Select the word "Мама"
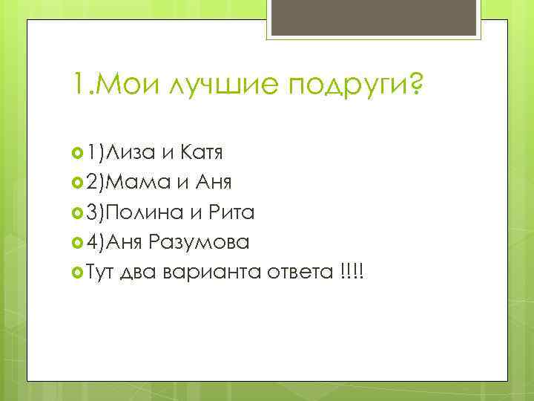(139, 183)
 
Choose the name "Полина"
(145, 213)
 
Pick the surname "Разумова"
(200, 243)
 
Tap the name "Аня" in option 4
(126, 243)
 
